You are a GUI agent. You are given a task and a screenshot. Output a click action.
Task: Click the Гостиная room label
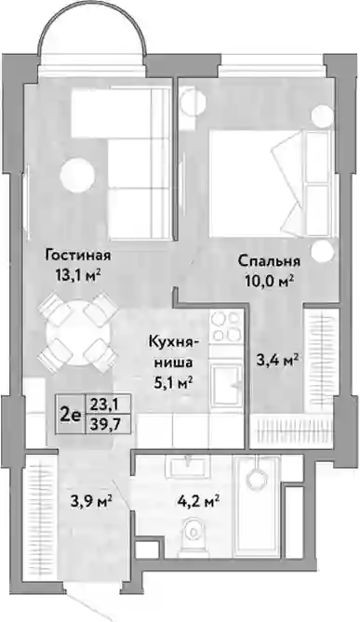pos(77,255)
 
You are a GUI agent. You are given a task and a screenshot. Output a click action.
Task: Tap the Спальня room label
pos(269,261)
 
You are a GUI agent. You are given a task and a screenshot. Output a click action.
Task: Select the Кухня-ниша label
pos(171,351)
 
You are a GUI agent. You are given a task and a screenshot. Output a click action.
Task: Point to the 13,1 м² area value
pos(78,274)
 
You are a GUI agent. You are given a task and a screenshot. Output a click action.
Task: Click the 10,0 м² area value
pos(269,282)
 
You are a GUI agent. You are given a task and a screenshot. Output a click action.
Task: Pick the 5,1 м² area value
pos(173,383)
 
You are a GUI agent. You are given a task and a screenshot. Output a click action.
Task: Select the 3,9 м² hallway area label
pos(90,501)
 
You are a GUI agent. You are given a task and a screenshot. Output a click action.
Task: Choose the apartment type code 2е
pos(71,416)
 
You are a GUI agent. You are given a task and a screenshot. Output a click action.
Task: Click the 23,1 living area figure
pos(105,404)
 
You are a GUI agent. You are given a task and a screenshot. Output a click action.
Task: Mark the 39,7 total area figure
pos(105,425)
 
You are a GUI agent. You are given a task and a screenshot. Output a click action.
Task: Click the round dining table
pos(76,333)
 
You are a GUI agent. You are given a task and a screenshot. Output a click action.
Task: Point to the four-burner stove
pos(226,326)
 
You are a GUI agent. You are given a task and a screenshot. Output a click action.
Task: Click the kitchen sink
pos(227,384)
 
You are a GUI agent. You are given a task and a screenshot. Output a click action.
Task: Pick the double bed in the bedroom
pos(271,183)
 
